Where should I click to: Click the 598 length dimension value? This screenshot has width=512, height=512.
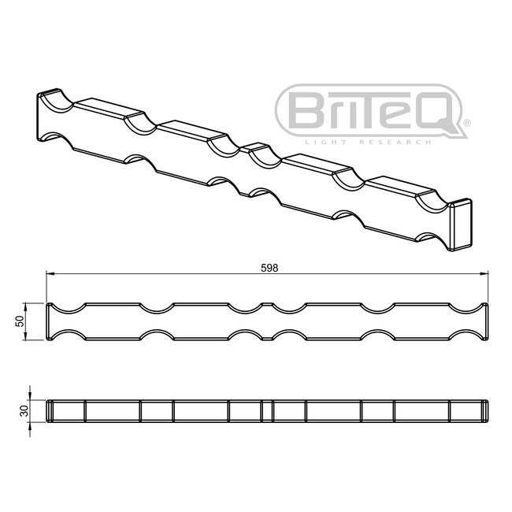tap(269, 267)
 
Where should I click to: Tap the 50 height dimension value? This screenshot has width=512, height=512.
tap(18, 321)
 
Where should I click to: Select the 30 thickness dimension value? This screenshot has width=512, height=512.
tap(24, 410)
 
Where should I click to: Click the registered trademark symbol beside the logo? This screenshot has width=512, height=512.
tap(466, 124)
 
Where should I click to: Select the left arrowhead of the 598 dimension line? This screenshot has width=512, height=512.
tap(50, 274)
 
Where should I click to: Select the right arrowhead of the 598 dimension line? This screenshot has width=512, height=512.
tap(486, 274)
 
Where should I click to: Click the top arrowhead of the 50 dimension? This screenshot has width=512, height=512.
tap(30, 305)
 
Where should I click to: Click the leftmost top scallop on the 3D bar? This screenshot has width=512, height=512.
tap(59, 99)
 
